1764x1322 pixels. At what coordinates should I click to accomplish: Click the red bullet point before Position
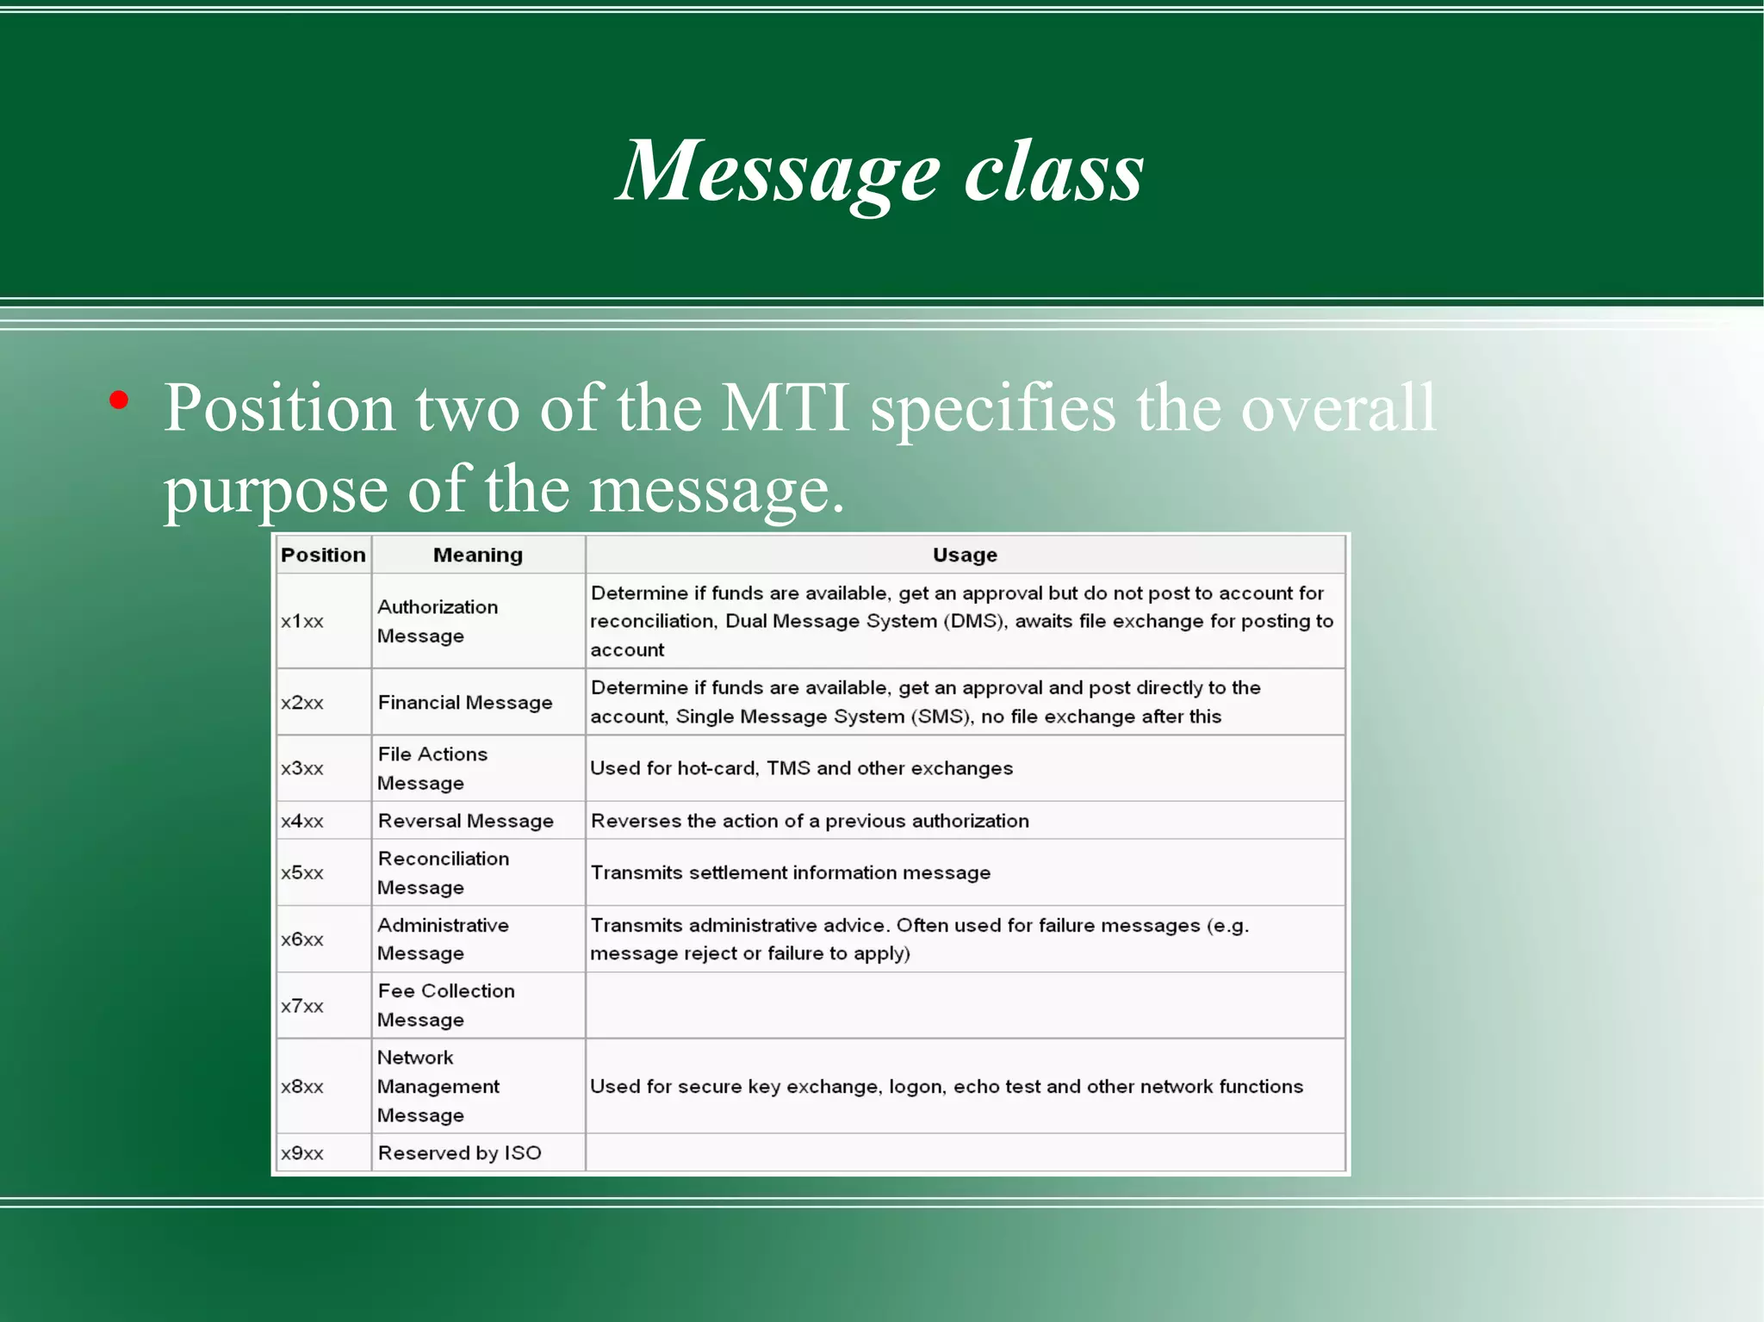(x=119, y=400)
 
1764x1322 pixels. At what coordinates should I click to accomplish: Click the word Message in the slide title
(x=778, y=172)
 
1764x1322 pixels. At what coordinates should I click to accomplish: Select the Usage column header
(x=965, y=555)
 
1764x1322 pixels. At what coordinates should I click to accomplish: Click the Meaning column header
(x=478, y=555)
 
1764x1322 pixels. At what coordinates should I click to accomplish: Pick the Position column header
(x=323, y=555)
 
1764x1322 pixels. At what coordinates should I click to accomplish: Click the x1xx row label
(x=302, y=622)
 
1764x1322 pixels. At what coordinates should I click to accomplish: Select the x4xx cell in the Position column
(x=302, y=822)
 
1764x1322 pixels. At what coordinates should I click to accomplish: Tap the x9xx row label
(x=302, y=1153)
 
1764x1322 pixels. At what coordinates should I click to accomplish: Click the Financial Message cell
(x=465, y=703)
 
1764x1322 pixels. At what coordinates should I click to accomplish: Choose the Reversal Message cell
(x=465, y=822)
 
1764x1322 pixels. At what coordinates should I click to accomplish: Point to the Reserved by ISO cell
(x=459, y=1153)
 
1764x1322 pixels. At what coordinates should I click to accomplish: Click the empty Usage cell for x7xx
(x=965, y=1006)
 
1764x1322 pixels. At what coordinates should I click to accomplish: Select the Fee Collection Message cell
(x=445, y=1005)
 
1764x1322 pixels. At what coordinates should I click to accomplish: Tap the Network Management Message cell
(x=438, y=1086)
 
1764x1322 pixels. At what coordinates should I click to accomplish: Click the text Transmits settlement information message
(x=790, y=873)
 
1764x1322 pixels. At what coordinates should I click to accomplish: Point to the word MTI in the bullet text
(x=786, y=407)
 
